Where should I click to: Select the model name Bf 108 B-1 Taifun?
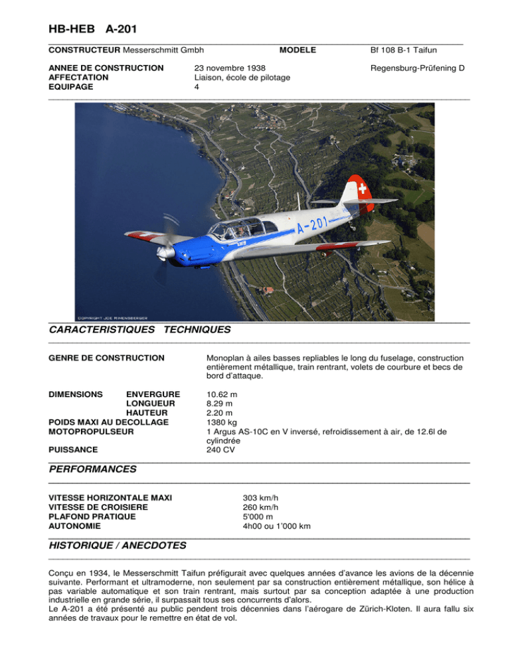408,50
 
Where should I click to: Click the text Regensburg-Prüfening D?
416,68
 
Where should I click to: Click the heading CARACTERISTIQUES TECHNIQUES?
140,329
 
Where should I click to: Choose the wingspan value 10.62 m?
222,394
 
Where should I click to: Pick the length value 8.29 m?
219,403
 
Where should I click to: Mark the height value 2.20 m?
219,412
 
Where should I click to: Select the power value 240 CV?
221,449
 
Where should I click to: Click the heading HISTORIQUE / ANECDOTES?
118,545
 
